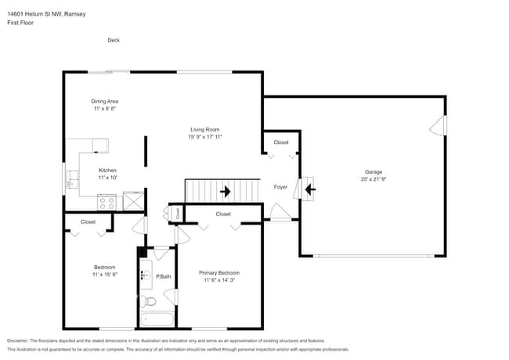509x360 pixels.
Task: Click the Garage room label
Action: pyautogui.click(x=373, y=171)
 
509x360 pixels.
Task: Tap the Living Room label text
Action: pyautogui.click(x=204, y=129)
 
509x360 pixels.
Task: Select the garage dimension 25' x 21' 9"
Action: pyautogui.click(x=373, y=179)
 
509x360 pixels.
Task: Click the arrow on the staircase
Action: pyautogui.click(x=226, y=190)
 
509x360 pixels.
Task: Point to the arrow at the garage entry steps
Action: pyautogui.click(x=310, y=189)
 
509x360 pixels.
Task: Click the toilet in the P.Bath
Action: pyautogui.click(x=150, y=301)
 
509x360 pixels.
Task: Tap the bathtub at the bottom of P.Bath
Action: pyautogui.click(x=157, y=319)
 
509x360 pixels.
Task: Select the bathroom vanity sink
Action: pyautogui.click(x=146, y=275)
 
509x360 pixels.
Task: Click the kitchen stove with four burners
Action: pyautogui.click(x=107, y=202)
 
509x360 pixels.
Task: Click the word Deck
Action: pyautogui.click(x=114, y=40)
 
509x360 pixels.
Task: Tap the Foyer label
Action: pyautogui.click(x=280, y=187)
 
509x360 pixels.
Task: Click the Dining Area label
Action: pyautogui.click(x=105, y=101)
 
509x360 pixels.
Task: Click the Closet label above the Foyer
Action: pyautogui.click(x=280, y=142)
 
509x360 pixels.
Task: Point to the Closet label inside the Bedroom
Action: pyautogui.click(x=88, y=221)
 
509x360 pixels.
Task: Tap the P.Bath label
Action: pyautogui.click(x=164, y=276)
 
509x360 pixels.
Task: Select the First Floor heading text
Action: pyautogui.click(x=20, y=23)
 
